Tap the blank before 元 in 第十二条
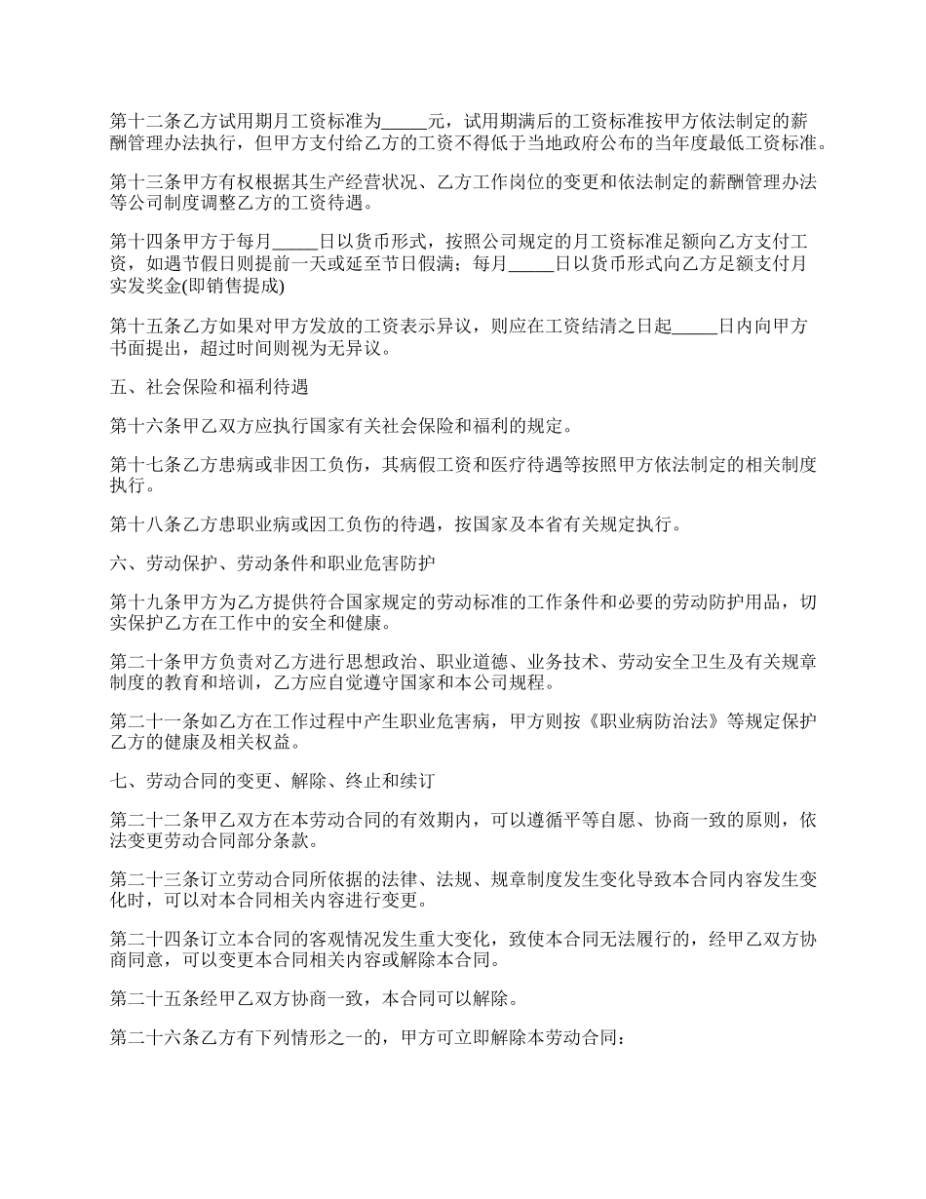[x=405, y=122]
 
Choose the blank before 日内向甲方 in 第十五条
[x=695, y=326]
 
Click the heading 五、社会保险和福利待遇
[x=210, y=387]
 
